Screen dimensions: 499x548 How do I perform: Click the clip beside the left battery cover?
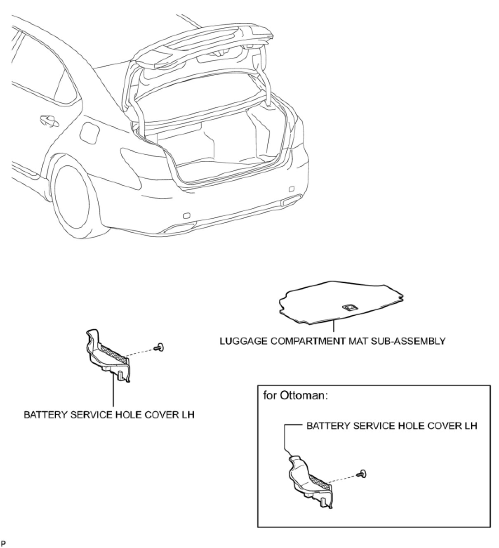click(x=159, y=348)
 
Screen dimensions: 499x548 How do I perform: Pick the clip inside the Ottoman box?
click(x=362, y=474)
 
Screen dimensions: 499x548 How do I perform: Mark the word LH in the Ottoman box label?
click(x=470, y=425)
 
